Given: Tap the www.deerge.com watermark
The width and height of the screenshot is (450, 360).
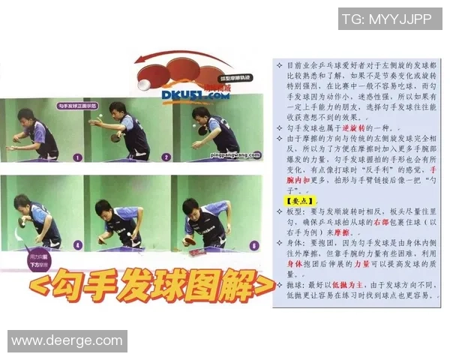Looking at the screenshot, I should click(x=67, y=341).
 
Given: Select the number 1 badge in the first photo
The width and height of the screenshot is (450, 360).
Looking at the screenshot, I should click(x=77, y=157).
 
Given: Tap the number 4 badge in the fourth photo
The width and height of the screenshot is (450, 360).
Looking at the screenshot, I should click(x=77, y=244).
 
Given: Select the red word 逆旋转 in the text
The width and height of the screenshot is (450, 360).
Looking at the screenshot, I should click(x=356, y=129).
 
